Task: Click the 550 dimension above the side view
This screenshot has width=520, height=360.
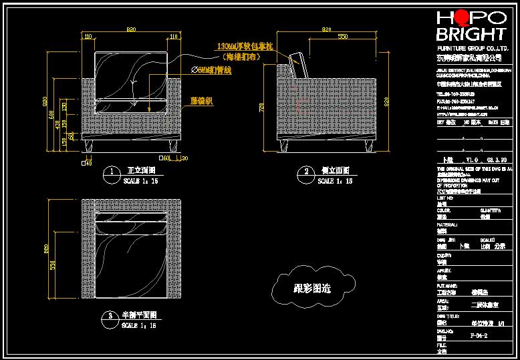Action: click(x=342, y=35)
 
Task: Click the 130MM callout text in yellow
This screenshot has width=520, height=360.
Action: click(x=245, y=47)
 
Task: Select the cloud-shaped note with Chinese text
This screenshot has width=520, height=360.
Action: click(x=312, y=289)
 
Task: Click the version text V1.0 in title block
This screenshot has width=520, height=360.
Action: click(x=472, y=160)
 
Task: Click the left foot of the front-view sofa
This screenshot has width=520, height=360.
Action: click(x=91, y=146)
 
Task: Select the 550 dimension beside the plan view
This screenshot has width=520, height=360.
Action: click(x=56, y=265)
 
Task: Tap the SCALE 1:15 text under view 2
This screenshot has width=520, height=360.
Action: click(x=334, y=181)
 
